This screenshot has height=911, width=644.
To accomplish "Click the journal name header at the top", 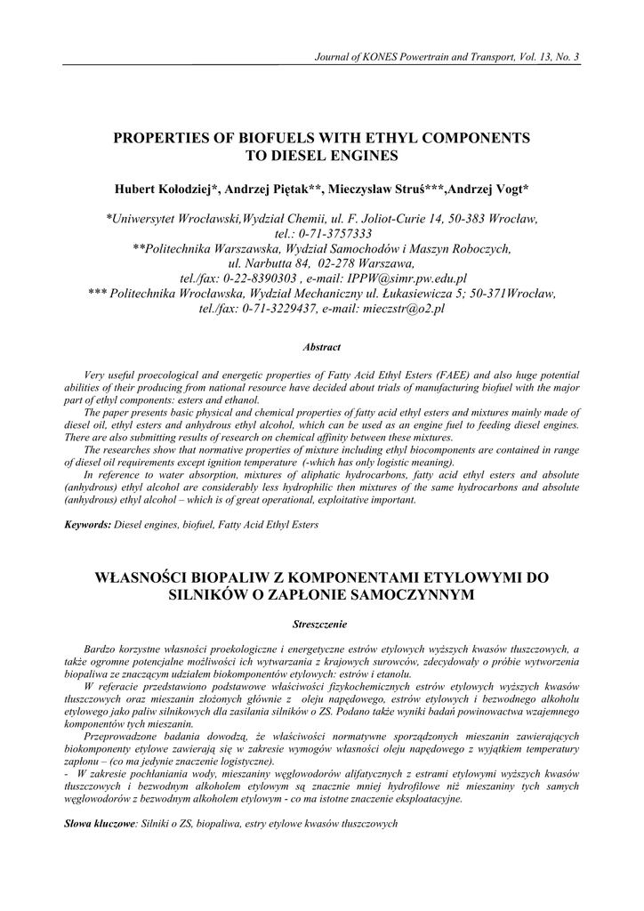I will [447, 58].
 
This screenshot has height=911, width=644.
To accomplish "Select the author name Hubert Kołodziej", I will [165, 190].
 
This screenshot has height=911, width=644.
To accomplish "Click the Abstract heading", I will [321, 346].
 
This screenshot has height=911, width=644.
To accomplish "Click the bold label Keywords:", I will [88, 525].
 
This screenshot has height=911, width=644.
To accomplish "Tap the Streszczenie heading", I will [321, 624].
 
